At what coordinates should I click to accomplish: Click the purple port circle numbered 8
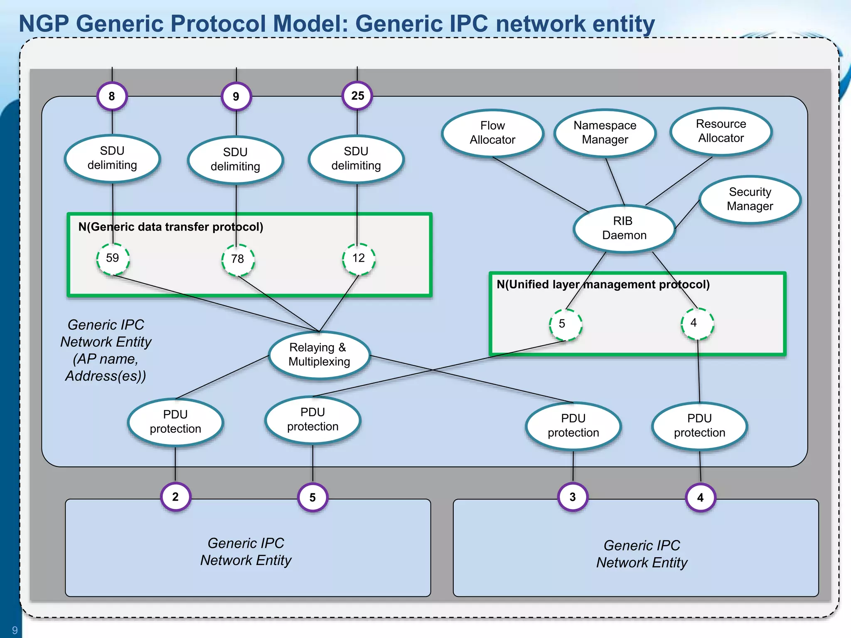coord(112,96)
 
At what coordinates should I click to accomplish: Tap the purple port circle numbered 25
coord(357,96)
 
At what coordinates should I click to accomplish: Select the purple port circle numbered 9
coord(236,97)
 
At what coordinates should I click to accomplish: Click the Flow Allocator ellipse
coord(492,133)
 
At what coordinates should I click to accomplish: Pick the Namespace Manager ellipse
coord(605,133)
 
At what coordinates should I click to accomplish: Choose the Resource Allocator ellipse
coord(721,131)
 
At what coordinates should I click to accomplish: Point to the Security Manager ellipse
coord(750,199)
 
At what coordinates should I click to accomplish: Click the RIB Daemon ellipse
coord(624,228)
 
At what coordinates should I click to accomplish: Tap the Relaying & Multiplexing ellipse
coord(319,355)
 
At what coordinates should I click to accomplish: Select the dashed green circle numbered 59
coord(113,258)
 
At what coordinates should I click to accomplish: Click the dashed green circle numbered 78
coord(238,259)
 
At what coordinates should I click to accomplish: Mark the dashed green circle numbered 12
coord(359,258)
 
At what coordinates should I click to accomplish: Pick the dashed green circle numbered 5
coord(565,324)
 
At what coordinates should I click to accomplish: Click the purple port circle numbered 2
coord(175,497)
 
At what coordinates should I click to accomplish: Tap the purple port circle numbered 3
coord(573,497)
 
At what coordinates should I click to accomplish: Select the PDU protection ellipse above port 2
coord(175,422)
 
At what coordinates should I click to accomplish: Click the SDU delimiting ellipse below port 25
coord(356,159)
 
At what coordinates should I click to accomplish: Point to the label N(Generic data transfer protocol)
coord(171,227)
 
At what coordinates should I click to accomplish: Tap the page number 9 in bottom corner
coord(15,630)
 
